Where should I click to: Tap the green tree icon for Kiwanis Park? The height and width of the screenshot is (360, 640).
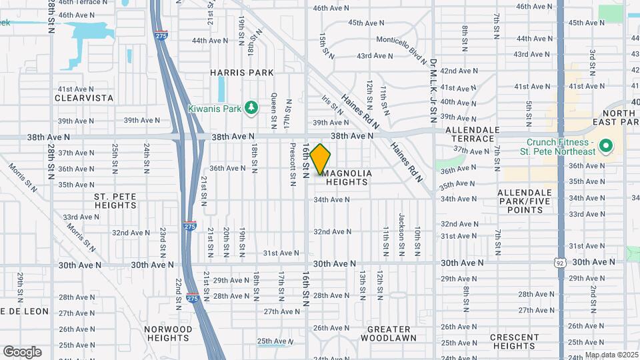[x=251, y=107]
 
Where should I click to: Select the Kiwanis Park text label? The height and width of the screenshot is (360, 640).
[x=214, y=108]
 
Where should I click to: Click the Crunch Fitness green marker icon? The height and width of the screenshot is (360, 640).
[x=605, y=145]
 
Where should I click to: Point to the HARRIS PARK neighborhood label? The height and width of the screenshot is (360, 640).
[x=242, y=72]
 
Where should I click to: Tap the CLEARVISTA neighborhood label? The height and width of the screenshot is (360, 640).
[x=85, y=98]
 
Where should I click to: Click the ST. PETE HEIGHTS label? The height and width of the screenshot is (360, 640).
[x=115, y=201]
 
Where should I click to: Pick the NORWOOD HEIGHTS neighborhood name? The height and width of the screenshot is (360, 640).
[x=167, y=334]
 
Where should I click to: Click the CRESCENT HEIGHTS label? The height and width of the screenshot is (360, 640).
[x=514, y=341]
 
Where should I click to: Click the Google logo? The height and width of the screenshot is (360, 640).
[x=23, y=351]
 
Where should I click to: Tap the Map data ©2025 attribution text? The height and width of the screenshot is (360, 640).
[x=611, y=355]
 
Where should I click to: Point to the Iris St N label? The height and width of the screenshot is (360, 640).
[x=331, y=105]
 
